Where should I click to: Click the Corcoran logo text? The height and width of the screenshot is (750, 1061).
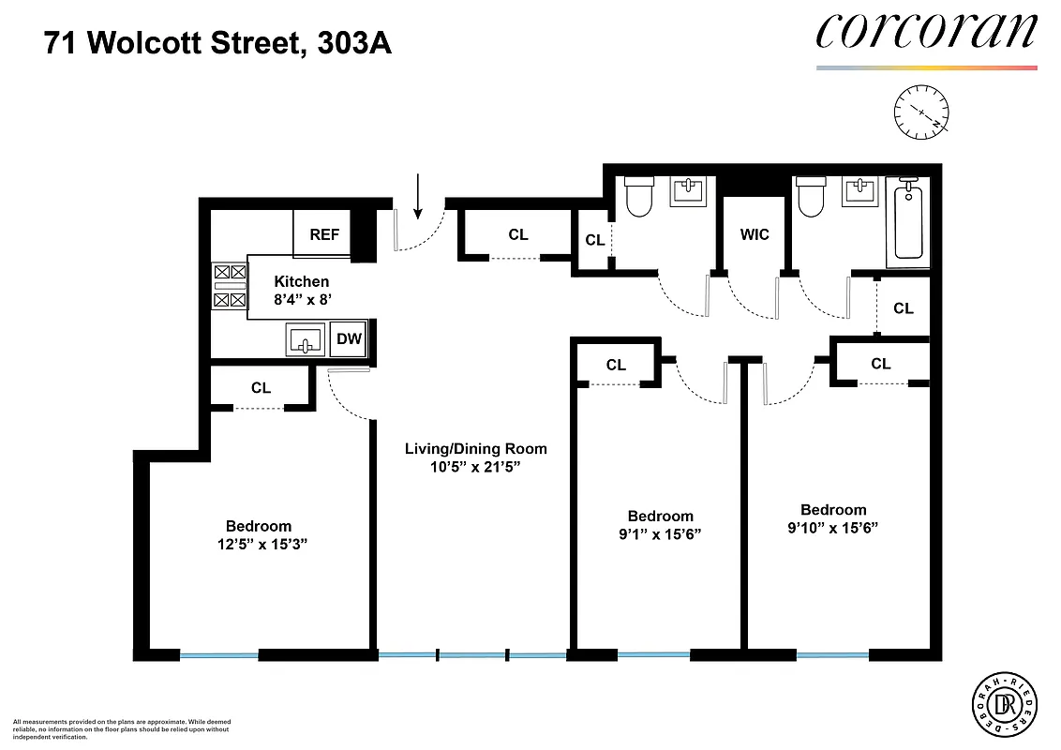(926, 33)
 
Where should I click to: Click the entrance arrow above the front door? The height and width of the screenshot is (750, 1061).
(418, 193)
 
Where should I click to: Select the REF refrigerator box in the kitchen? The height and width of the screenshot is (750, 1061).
(324, 234)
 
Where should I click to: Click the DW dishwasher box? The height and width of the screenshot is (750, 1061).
(349, 338)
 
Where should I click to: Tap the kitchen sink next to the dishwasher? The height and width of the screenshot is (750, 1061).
(306, 339)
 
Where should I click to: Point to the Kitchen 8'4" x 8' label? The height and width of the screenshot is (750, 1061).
(301, 290)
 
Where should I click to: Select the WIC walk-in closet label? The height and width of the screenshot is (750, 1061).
(755, 233)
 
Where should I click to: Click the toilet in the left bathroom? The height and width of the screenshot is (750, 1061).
(638, 197)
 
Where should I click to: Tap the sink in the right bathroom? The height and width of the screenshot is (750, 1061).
(859, 192)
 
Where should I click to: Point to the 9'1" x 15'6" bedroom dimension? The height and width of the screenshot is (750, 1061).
(661, 533)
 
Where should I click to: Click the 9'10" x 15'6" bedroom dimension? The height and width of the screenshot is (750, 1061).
(832, 528)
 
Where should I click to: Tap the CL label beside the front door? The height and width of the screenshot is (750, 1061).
(518, 234)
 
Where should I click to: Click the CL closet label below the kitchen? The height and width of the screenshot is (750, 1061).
(261, 387)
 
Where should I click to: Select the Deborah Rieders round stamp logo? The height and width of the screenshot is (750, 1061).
(1005, 703)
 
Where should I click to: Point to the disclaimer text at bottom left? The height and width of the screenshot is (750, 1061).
(122, 728)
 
